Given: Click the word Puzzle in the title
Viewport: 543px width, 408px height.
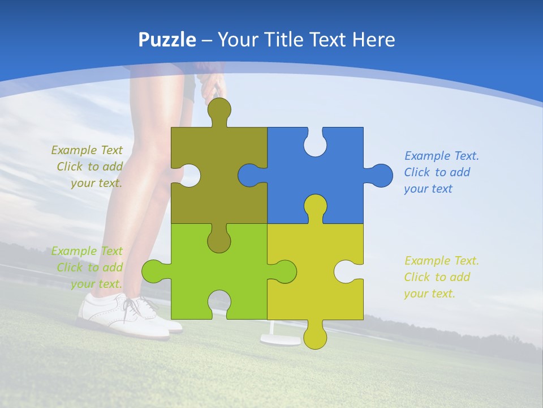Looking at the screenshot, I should pyautogui.click(x=167, y=40).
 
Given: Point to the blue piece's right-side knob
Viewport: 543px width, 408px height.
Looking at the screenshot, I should pyautogui.click(x=380, y=175).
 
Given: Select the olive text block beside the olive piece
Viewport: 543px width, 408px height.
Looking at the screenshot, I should pyautogui.click(x=88, y=167).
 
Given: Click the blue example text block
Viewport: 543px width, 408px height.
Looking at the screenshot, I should pyautogui.click(x=441, y=172).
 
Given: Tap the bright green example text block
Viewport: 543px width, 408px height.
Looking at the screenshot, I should pyautogui.click(x=88, y=267).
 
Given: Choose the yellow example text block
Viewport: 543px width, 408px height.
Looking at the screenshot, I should pyautogui.click(x=441, y=277).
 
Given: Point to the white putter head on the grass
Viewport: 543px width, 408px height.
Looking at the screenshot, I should pyautogui.click(x=281, y=340).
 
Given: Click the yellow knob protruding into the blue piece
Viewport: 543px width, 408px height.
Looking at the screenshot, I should pyautogui.click(x=315, y=207).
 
